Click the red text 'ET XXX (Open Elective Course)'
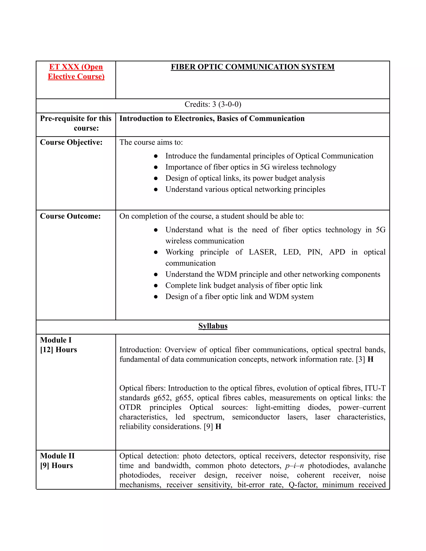(x=76, y=72)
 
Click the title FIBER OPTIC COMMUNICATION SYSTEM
(x=252, y=67)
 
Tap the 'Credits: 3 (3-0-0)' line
(x=213, y=104)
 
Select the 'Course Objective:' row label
(x=71, y=142)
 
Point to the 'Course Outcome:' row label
(x=70, y=216)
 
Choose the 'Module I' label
(x=56, y=340)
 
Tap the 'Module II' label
(x=57, y=456)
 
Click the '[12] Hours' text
(x=58, y=350)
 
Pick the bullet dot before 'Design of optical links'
(x=156, y=178)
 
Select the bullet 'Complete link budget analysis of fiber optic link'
(x=244, y=285)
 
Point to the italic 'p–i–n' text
(x=294, y=466)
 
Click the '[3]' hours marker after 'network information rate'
(x=360, y=359)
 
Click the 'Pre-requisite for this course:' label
(x=76, y=123)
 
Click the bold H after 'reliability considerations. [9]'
(x=218, y=427)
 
